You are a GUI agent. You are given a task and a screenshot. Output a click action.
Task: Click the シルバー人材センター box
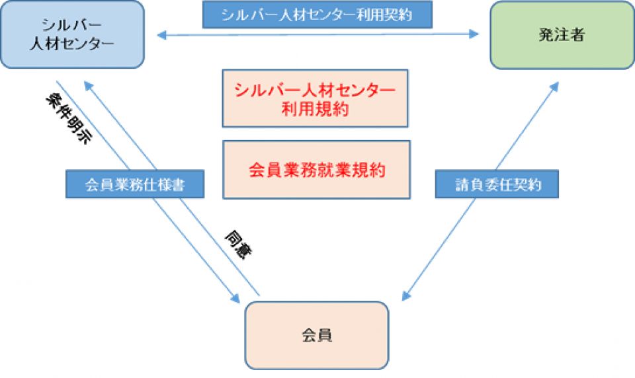[x=73, y=34]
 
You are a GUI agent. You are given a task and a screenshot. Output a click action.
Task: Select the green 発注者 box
[x=562, y=35]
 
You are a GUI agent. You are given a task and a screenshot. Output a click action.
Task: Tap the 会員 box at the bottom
[x=317, y=335]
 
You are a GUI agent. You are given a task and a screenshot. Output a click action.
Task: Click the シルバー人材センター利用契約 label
[x=317, y=15]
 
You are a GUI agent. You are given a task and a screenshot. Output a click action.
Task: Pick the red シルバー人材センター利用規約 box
[x=316, y=98]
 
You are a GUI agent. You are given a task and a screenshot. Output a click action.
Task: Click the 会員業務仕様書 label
[x=135, y=185]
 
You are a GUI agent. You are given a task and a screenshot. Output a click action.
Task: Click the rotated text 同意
[x=239, y=244]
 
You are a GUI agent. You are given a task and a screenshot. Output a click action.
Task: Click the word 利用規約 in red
[x=316, y=109]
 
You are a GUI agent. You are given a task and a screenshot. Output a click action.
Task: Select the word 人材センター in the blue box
[x=73, y=44]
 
